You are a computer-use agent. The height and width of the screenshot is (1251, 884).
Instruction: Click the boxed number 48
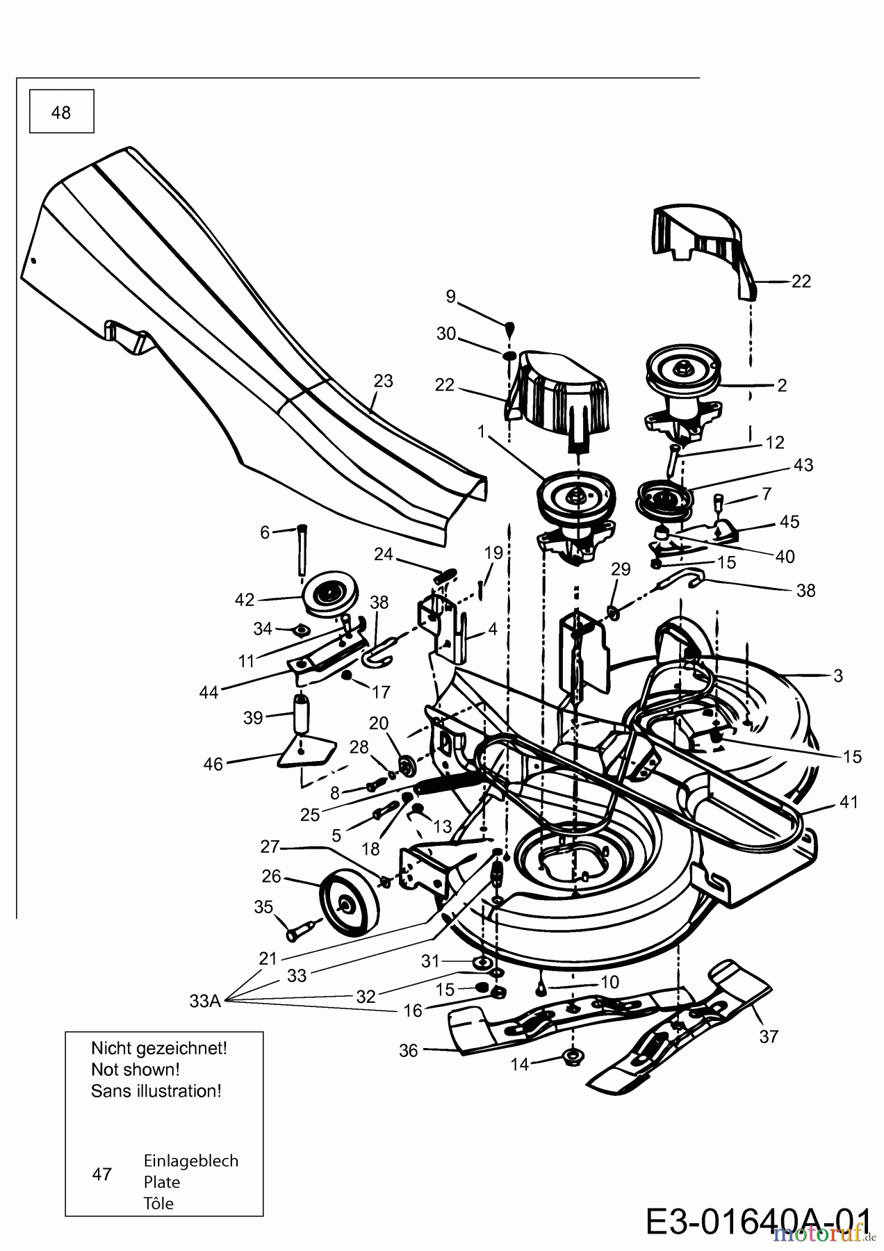(61, 113)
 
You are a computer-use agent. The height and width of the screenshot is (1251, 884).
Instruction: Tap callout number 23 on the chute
(383, 381)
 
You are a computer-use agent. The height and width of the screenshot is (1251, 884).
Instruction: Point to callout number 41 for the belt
(849, 801)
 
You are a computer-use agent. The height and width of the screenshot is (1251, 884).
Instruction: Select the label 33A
(205, 1001)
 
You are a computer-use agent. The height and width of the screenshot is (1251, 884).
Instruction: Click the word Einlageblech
(191, 1161)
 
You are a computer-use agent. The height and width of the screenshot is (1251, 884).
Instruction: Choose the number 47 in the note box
(101, 1174)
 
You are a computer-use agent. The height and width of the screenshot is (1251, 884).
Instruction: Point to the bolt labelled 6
(302, 550)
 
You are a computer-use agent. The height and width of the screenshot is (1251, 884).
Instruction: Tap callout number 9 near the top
(450, 297)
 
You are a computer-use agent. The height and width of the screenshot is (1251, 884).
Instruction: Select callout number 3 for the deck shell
(838, 675)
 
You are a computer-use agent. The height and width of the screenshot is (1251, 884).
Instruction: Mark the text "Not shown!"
(136, 1070)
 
